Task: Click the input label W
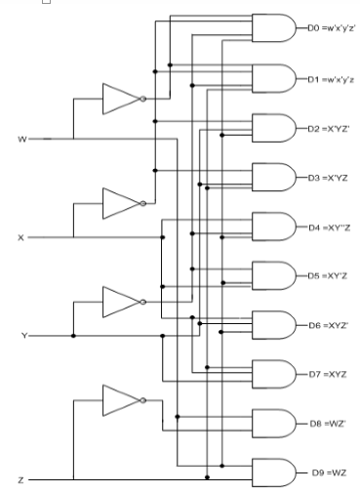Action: [x=22, y=140]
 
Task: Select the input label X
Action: [x=21, y=237]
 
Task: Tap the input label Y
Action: [x=22, y=336]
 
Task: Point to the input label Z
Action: [x=21, y=480]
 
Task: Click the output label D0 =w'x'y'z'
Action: [x=327, y=29]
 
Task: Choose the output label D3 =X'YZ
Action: [x=321, y=178]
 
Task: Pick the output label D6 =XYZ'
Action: [x=321, y=324]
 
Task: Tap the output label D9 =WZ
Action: [x=323, y=473]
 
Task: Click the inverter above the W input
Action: [x=121, y=99]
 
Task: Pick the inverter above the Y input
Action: [x=121, y=300]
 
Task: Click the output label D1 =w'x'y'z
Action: [x=327, y=78]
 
